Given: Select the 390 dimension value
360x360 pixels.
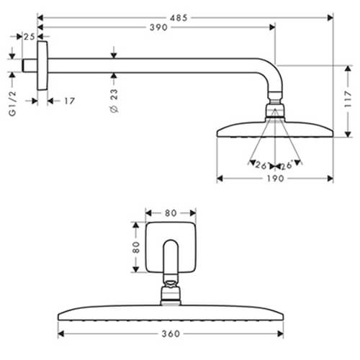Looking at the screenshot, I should [158, 27].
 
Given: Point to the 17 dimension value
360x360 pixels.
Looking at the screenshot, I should [68, 102].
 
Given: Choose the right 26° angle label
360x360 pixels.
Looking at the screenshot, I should [287, 164].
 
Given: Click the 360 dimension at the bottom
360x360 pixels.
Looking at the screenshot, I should [171, 335].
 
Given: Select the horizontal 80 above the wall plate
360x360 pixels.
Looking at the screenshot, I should [171, 212].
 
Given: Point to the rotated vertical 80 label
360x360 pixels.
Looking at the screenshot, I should [135, 247].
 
